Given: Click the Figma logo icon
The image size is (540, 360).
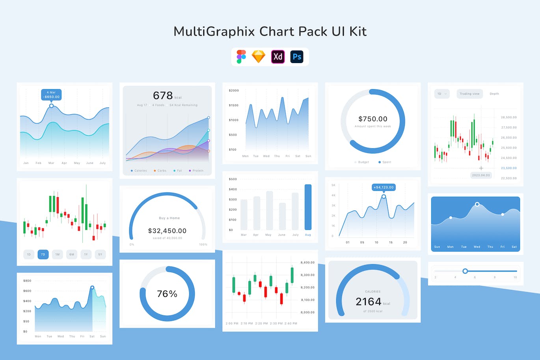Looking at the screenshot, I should [241, 57].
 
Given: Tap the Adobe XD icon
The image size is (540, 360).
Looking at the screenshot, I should [278, 57].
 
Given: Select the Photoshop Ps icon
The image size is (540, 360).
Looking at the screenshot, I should [297, 57].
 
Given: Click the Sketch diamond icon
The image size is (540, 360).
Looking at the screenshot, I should [259, 57].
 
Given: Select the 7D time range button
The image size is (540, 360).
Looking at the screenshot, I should [43, 254].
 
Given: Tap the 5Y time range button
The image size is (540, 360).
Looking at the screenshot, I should [100, 254].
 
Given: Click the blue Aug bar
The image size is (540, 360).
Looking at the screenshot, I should [308, 207].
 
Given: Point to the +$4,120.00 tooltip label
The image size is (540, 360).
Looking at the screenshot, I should [384, 187].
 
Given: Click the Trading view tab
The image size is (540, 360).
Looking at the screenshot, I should [469, 94].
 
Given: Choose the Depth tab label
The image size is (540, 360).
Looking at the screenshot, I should [494, 94].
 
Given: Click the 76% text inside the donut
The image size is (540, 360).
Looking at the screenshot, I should [167, 294].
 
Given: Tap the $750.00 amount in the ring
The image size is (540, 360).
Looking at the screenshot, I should [373, 119].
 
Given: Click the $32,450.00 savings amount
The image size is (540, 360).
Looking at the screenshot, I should [167, 231].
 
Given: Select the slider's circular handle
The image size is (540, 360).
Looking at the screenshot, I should [465, 271].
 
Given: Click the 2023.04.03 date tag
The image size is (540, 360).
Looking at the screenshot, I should [481, 175].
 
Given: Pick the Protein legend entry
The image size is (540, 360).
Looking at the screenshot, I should [196, 171].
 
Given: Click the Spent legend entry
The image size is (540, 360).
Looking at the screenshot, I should [385, 162].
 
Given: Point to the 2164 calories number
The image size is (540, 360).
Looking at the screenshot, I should [369, 302].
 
